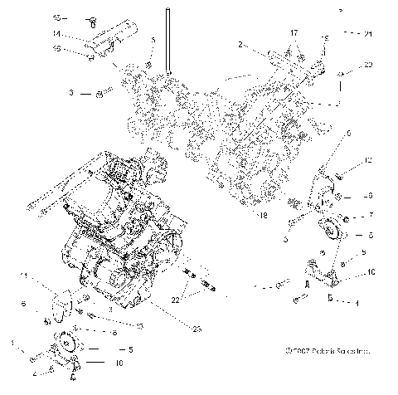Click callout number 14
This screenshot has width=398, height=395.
pyautogui.click(x=56, y=33)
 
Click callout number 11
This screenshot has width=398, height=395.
pyautogui.click(x=25, y=275)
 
